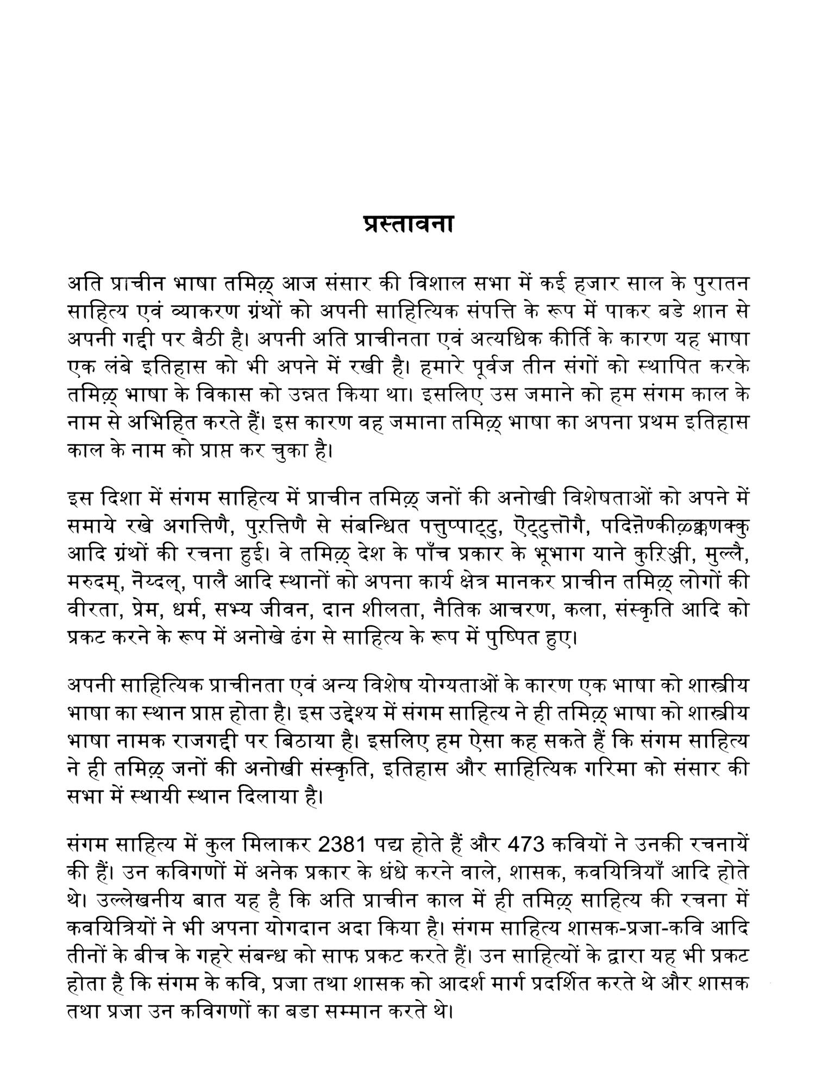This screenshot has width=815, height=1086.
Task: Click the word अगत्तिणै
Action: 194,526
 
